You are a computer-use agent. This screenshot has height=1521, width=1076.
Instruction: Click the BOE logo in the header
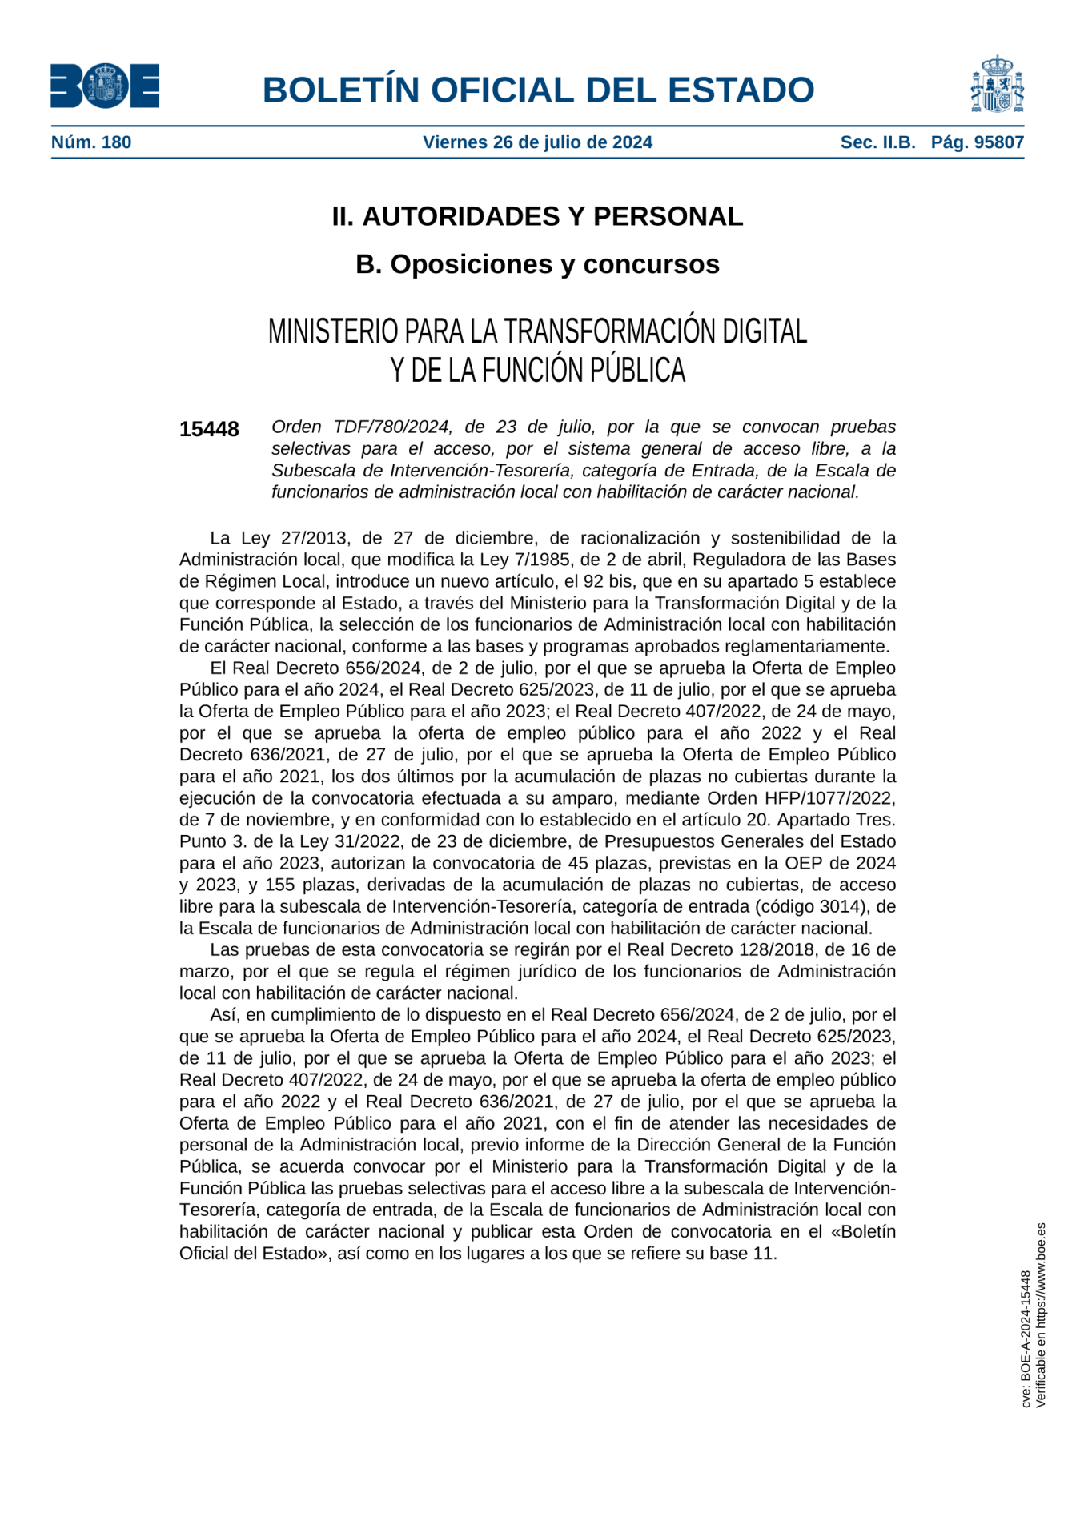105,86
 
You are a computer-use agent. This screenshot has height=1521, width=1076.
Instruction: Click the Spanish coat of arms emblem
997,85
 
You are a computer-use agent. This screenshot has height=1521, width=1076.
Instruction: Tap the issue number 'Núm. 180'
91,142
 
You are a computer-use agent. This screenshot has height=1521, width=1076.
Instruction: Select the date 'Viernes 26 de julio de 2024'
537,142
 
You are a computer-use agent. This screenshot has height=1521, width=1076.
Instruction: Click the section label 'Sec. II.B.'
877,142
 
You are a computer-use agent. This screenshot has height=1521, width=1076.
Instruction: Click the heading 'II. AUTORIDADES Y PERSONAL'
537,216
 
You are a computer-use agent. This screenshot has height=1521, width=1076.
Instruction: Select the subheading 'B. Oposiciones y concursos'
537,264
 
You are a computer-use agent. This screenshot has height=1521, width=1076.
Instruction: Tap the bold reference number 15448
209,430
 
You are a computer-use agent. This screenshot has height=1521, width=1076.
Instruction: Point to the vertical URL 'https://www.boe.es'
1041,1272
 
